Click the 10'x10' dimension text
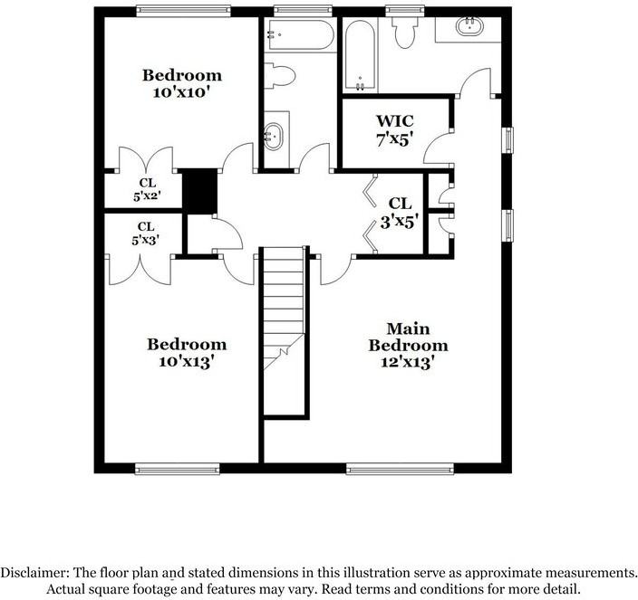181,91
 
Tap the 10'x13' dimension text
187,361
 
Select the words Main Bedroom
408,337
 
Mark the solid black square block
200,189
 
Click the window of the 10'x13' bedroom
178,468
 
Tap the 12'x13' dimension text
408,361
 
